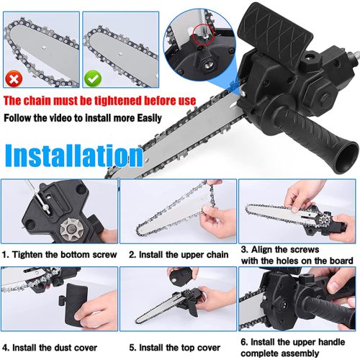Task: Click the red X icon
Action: point(14,78)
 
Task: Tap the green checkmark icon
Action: point(93,78)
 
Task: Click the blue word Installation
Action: point(74,156)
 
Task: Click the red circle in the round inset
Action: point(204,34)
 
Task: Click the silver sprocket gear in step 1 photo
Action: point(71,229)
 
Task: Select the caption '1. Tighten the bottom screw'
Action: point(59,255)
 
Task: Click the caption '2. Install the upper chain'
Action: point(179,255)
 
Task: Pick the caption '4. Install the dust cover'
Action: point(50,348)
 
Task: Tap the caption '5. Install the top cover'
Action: point(175,348)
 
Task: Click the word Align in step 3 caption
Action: point(262,250)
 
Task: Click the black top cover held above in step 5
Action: point(180,276)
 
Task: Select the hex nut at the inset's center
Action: point(207,64)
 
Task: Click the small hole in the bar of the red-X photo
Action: point(43,48)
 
